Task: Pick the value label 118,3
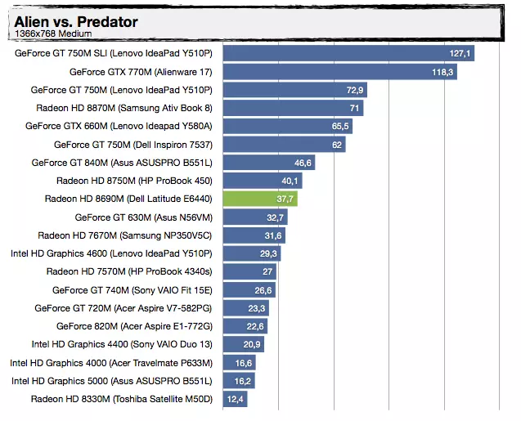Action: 442,72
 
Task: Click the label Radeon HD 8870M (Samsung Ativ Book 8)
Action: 124,108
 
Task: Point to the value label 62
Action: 337,145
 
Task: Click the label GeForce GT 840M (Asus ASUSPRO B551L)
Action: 122,163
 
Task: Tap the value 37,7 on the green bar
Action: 285,199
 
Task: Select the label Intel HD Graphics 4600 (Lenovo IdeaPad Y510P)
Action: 111,253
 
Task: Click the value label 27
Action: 267,271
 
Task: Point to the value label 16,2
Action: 242,381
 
